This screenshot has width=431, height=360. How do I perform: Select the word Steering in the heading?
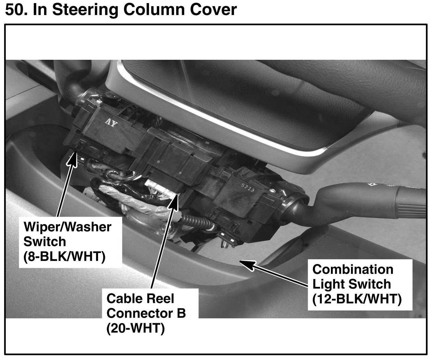coord(85,10)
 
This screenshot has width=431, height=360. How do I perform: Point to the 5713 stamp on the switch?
coord(248,188)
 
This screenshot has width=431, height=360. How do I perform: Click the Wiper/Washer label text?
coord(67,227)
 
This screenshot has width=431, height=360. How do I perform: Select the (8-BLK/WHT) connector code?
coord(64,256)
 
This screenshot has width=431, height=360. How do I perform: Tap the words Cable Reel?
coord(140,299)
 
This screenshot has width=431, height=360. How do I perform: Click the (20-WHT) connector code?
coord(136,328)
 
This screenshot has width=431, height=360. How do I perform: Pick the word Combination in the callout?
coord(353,269)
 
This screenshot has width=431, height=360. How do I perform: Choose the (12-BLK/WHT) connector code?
coord(357,299)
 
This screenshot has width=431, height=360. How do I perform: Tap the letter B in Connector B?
coord(181,313)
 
